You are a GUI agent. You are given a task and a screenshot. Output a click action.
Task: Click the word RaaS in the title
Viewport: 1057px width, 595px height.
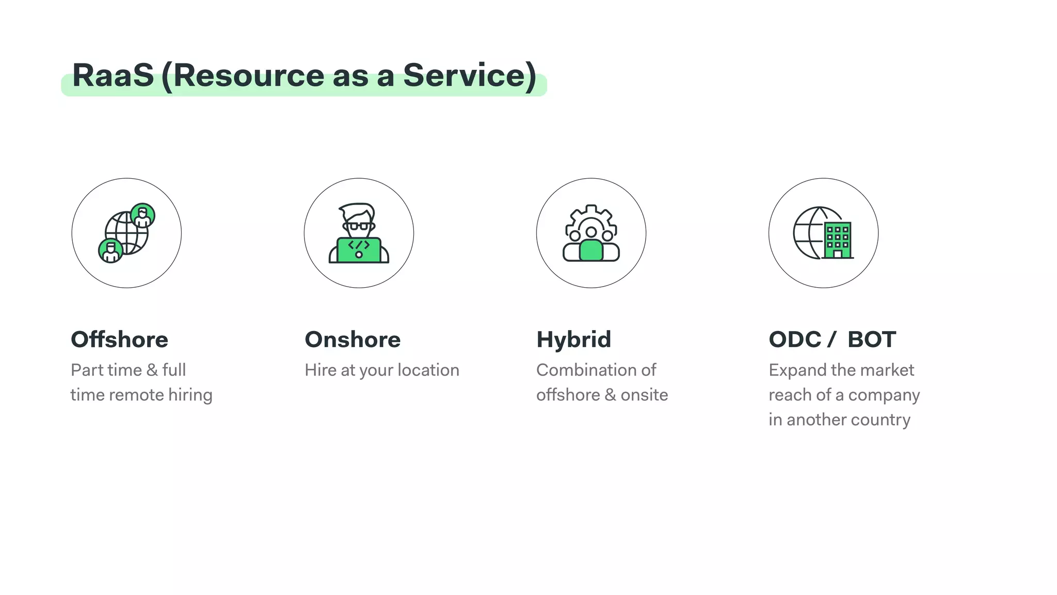pos(113,75)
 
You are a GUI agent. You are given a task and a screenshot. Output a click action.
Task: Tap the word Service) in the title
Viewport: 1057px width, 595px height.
pos(470,75)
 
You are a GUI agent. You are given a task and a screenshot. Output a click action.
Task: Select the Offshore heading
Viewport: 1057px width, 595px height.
pos(120,339)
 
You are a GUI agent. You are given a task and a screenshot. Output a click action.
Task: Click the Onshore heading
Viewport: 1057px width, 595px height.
pos(353,339)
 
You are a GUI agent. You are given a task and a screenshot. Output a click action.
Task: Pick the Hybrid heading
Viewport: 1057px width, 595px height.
pos(573,339)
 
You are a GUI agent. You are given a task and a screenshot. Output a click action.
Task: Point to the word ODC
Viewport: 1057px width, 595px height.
pos(795,339)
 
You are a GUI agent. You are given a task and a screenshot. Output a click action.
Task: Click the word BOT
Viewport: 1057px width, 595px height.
pos(872,339)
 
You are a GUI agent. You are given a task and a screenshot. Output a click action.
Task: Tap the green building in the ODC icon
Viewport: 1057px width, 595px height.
pos(837,240)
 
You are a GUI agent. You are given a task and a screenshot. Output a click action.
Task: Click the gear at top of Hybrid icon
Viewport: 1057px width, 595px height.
pos(591,217)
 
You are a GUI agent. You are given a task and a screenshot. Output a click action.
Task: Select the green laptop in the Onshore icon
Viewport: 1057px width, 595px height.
pos(359,250)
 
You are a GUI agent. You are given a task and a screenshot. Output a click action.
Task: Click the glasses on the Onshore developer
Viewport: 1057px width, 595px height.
pos(359,226)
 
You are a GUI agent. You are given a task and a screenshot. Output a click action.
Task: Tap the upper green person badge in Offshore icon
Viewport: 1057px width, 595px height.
pos(142,215)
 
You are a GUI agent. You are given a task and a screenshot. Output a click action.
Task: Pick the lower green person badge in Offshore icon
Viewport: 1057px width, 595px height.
pos(110,250)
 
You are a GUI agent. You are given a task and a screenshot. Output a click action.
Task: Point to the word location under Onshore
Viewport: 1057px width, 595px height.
pos(428,370)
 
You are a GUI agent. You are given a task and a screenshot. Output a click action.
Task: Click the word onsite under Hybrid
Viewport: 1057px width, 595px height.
pos(644,395)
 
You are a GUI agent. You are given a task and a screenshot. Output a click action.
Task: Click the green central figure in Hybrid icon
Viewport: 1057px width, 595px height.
pos(591,250)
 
